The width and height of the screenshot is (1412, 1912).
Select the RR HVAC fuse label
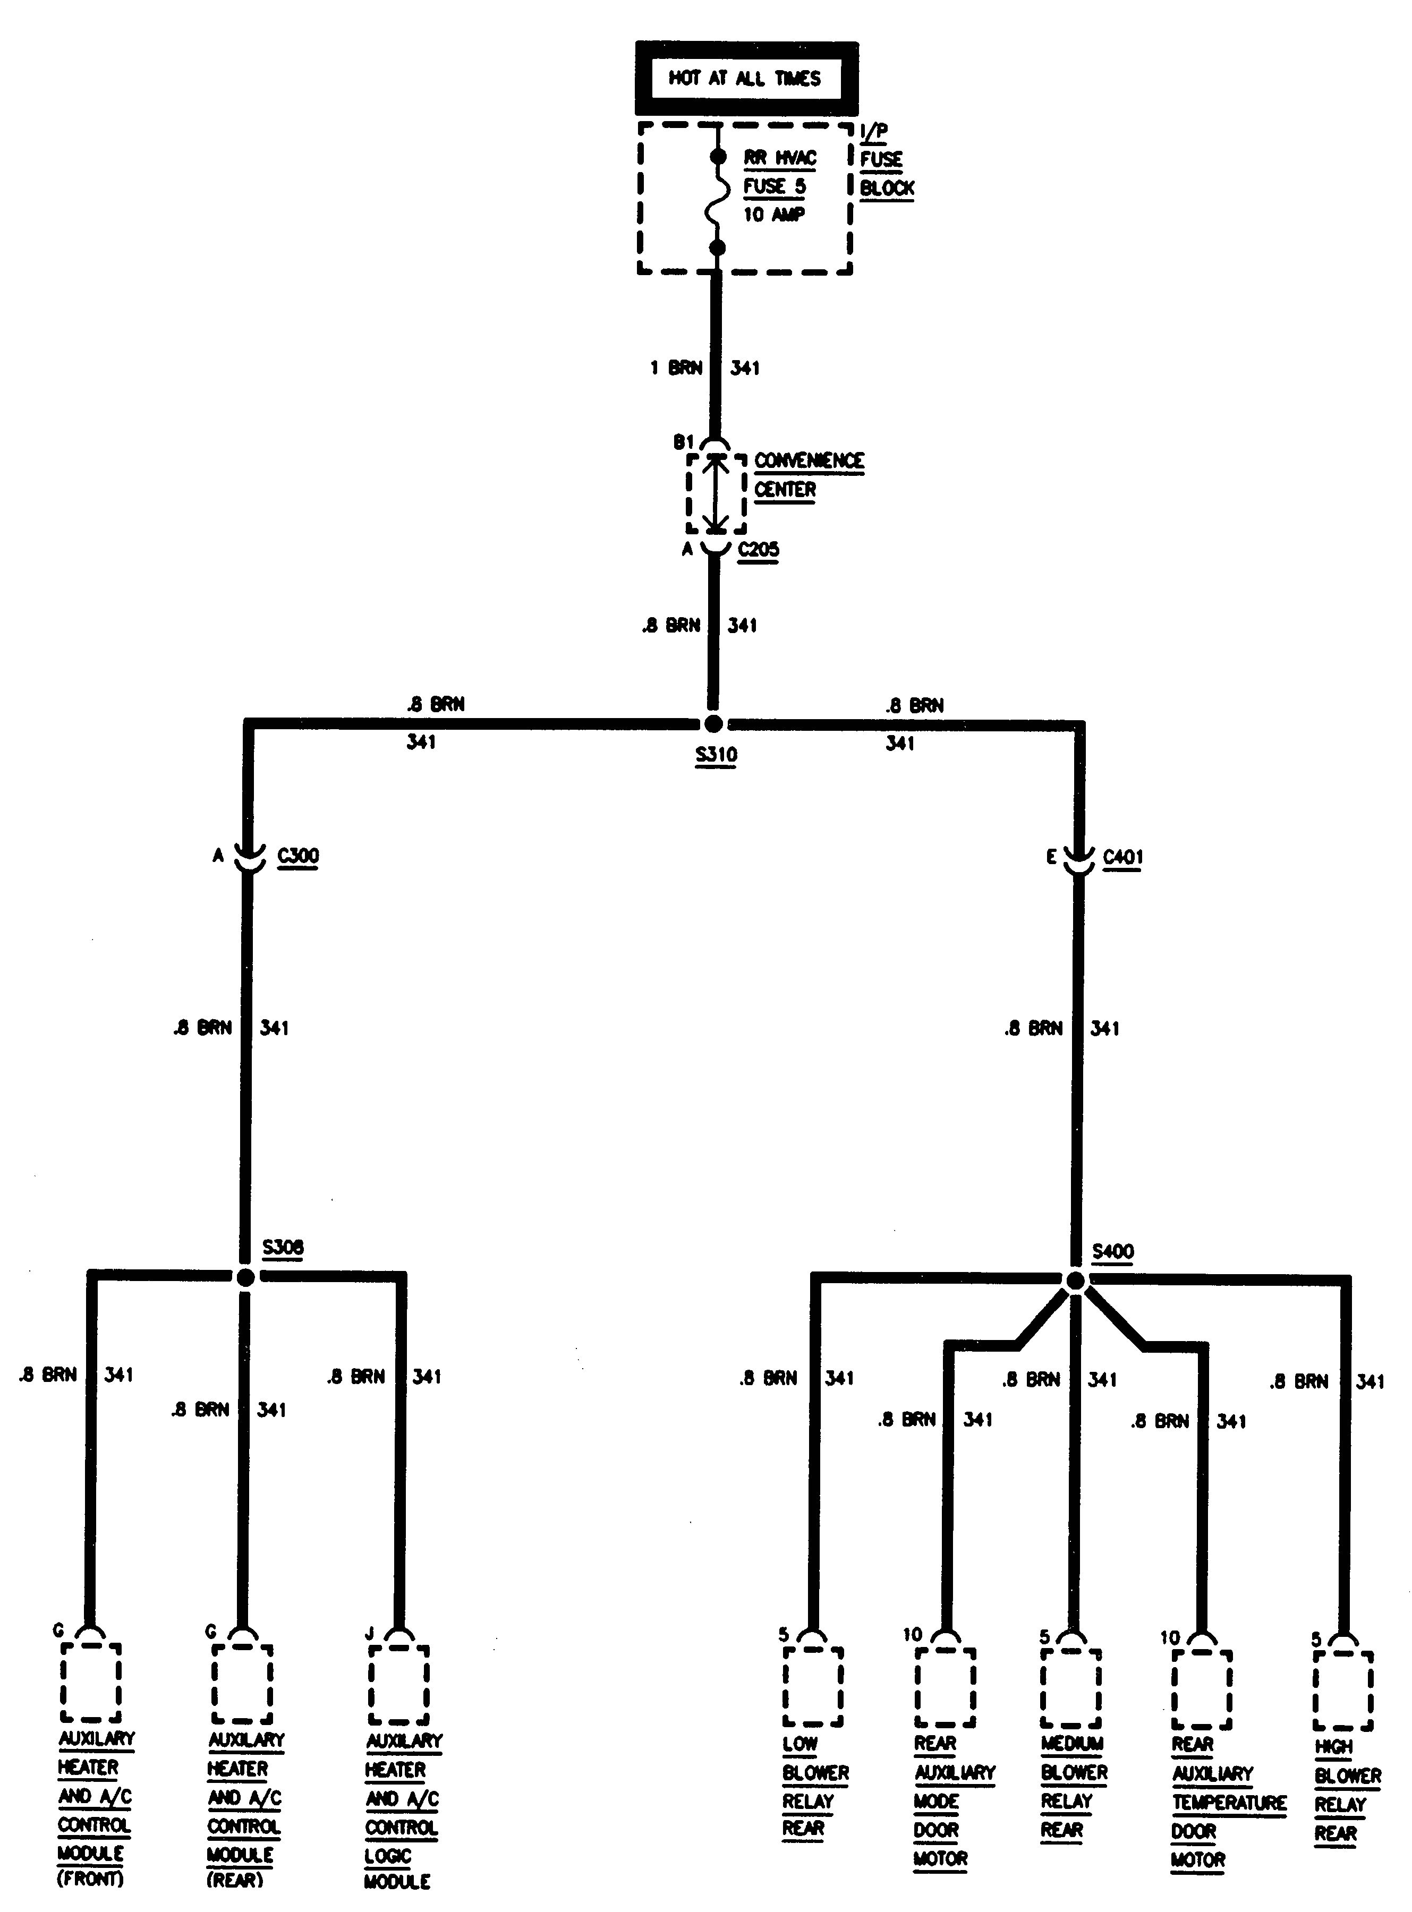tap(779, 159)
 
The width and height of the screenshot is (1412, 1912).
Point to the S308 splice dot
tap(245, 1277)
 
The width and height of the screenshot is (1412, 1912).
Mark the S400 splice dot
tap(1075, 1281)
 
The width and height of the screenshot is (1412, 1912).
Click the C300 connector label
tap(299, 855)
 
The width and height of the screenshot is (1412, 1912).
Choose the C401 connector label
tap(1122, 857)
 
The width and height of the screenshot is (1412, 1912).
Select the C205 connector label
tap(758, 549)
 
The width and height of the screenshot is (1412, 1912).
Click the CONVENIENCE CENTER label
tap(807, 475)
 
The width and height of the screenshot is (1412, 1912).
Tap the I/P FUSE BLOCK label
tap(886, 160)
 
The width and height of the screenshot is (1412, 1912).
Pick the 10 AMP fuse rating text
tap(773, 215)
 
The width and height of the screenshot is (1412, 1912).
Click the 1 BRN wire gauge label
tap(676, 368)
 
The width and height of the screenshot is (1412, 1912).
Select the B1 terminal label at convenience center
tap(684, 442)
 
